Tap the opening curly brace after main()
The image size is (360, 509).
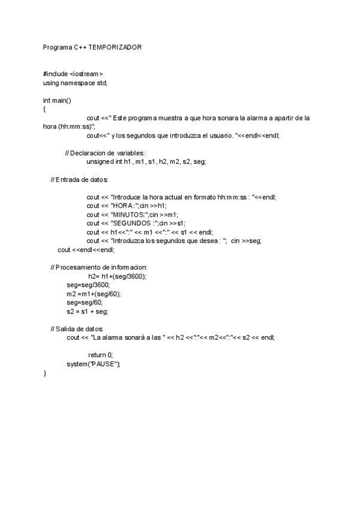(x=45, y=109)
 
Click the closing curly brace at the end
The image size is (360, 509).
(x=45, y=373)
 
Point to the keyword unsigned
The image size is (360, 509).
(x=100, y=162)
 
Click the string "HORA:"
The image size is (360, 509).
(x=129, y=206)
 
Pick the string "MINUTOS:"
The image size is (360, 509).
(x=134, y=214)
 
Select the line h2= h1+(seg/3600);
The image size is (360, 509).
(x=117, y=276)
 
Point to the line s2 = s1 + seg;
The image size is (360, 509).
(x=87, y=312)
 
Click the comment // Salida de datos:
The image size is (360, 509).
(x=77, y=329)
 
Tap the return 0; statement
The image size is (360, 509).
(x=100, y=355)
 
